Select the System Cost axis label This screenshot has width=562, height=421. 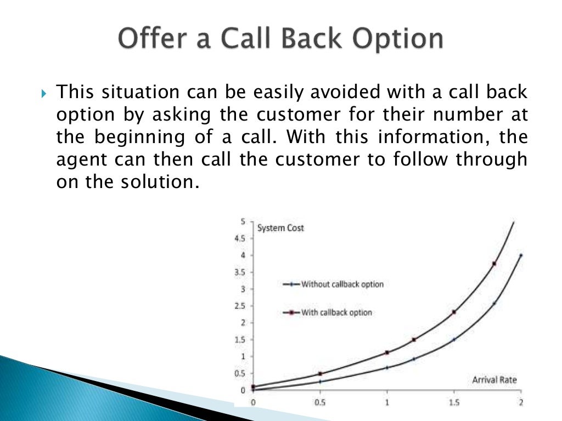click(280, 227)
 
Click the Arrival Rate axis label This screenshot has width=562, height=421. click(494, 379)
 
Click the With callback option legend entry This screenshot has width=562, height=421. click(336, 312)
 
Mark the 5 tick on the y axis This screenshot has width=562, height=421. click(243, 221)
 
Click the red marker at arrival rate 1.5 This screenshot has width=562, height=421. click(454, 312)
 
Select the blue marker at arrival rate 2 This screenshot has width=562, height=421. click(520, 255)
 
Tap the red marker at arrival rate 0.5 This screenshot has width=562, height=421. click(320, 374)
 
